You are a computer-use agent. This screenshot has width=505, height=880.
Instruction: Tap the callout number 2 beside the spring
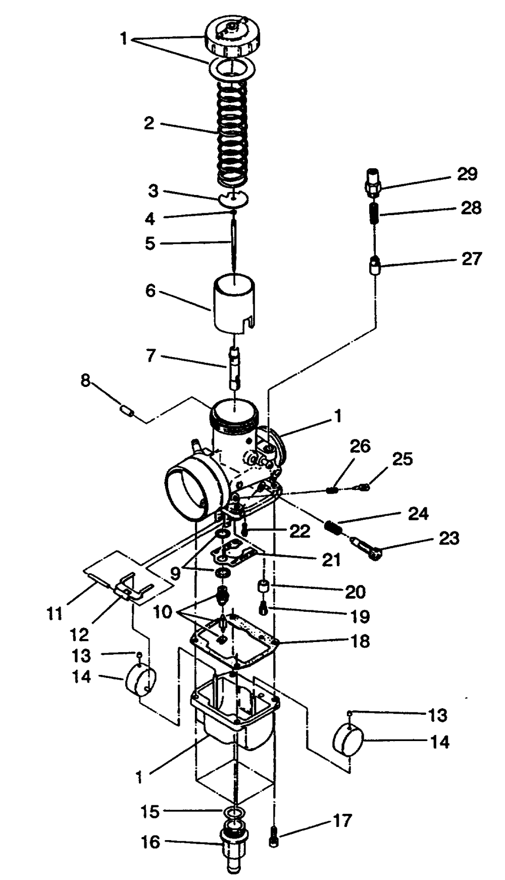[148, 123]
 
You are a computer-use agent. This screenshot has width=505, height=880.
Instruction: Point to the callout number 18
[360, 641]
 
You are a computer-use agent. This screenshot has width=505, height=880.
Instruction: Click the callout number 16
[150, 842]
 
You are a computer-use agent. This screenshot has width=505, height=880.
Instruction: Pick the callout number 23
[449, 538]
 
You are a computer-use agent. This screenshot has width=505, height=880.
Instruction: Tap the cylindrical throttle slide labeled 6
[233, 303]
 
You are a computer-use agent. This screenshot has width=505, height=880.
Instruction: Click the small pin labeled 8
[127, 412]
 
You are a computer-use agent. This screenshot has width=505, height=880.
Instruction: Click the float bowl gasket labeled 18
[237, 642]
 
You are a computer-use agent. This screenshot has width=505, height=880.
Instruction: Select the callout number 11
[54, 614]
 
